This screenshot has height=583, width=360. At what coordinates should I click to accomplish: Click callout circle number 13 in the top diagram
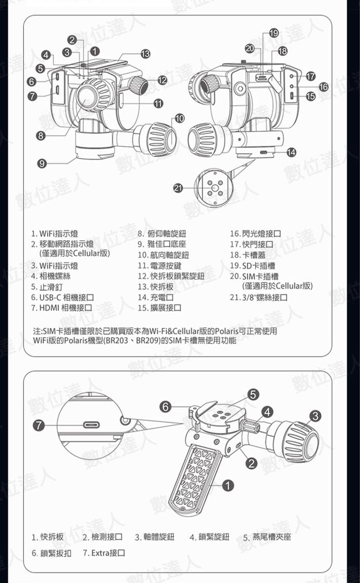click(x=145, y=54)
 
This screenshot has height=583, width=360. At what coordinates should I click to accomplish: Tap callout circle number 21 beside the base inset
click(x=178, y=188)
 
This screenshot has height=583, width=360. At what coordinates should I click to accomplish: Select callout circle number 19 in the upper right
click(x=274, y=33)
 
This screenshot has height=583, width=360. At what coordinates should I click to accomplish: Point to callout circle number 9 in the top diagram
click(x=42, y=163)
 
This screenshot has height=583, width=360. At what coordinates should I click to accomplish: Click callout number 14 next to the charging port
click(x=291, y=152)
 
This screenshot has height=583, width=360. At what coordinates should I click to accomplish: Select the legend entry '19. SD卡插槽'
click(x=252, y=266)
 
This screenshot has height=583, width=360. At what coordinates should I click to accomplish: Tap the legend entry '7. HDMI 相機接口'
click(x=62, y=308)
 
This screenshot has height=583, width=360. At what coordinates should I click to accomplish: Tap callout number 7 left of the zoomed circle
click(x=39, y=425)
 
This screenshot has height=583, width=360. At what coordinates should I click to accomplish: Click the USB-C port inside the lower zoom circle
click(x=91, y=425)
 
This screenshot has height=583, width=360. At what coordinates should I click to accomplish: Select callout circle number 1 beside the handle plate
click(x=228, y=486)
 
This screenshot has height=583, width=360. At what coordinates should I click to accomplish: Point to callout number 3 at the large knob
click(x=315, y=416)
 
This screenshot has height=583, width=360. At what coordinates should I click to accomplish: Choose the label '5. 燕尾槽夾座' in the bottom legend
click(x=267, y=537)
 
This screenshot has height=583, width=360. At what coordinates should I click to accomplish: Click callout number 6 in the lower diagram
click(x=166, y=407)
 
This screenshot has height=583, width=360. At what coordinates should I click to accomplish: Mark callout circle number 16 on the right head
click(x=323, y=86)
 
